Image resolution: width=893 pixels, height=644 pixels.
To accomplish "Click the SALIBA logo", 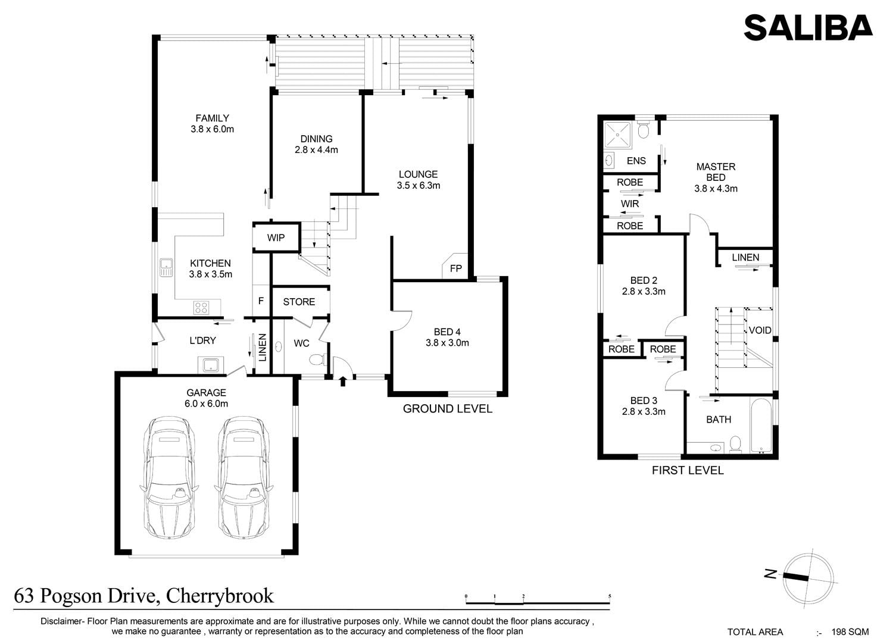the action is click(x=808, y=27).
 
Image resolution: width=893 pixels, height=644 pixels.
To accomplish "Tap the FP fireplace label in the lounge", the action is click(x=455, y=268).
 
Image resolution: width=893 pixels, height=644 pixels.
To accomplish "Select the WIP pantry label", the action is click(x=276, y=238).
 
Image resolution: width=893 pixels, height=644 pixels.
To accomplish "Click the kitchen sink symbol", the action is click(x=166, y=267).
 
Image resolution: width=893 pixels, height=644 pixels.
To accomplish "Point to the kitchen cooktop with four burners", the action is click(x=201, y=307).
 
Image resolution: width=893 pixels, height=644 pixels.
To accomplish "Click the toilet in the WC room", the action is click(x=317, y=359).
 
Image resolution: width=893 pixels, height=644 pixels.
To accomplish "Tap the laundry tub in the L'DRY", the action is click(x=210, y=365).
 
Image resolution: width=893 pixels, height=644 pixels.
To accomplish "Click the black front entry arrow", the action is click(x=342, y=382).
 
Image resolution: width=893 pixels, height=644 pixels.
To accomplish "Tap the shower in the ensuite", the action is click(x=617, y=135).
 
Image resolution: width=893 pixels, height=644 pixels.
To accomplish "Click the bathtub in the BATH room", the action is click(x=761, y=425).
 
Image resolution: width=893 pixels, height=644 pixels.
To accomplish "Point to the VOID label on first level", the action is click(x=760, y=330).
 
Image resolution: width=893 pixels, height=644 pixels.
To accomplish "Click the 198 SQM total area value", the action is click(x=850, y=632).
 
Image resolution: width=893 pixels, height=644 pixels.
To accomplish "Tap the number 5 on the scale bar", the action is click(x=610, y=596).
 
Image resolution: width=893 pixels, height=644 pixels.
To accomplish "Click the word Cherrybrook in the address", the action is click(x=220, y=596).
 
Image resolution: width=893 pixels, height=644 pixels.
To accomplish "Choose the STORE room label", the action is click(x=299, y=302).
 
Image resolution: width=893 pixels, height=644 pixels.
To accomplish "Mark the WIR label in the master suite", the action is click(x=630, y=204).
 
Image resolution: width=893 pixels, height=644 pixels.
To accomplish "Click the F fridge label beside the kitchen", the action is click(x=261, y=301).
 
